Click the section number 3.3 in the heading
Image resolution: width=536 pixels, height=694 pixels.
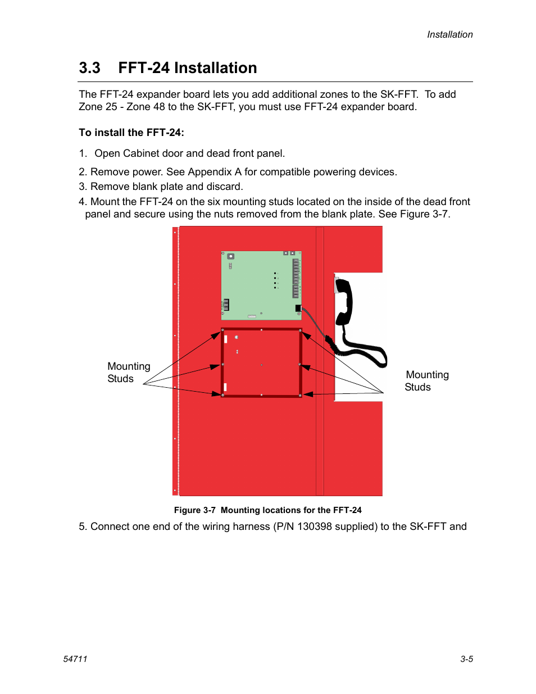point(89,68)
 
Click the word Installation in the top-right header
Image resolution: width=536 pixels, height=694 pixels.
point(449,35)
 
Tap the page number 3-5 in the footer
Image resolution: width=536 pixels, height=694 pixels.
point(466,659)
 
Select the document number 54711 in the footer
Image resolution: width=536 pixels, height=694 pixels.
point(75,659)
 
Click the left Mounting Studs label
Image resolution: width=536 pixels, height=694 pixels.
point(128,373)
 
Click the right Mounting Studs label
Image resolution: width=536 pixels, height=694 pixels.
point(426,381)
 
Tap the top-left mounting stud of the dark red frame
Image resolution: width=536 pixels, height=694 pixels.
point(223,330)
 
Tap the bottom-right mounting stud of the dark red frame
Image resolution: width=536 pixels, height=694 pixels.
point(300,396)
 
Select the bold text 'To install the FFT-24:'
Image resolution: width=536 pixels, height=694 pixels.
point(131,133)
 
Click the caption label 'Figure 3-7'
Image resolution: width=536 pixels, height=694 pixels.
point(194,510)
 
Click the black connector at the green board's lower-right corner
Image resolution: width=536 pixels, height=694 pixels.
point(298,308)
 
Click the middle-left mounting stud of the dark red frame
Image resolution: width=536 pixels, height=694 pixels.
point(223,365)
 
